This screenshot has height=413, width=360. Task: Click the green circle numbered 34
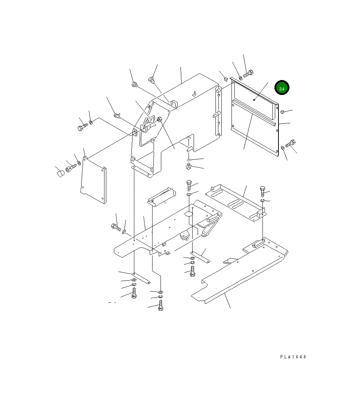click(282, 88)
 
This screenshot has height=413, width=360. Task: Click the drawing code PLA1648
click(293, 357)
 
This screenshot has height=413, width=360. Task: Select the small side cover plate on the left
click(94, 180)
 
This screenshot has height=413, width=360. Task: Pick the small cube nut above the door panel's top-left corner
click(226, 79)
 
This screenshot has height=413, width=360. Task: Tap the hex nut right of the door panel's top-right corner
click(282, 112)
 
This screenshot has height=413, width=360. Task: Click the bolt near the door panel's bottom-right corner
click(291, 144)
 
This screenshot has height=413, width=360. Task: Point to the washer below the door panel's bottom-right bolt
click(283, 148)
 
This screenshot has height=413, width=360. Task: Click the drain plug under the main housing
click(189, 167)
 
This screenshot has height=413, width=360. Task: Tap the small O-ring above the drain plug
click(189, 159)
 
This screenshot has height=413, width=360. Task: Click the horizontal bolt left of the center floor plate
click(116, 227)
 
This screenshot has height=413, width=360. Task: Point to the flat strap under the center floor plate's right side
click(200, 257)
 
